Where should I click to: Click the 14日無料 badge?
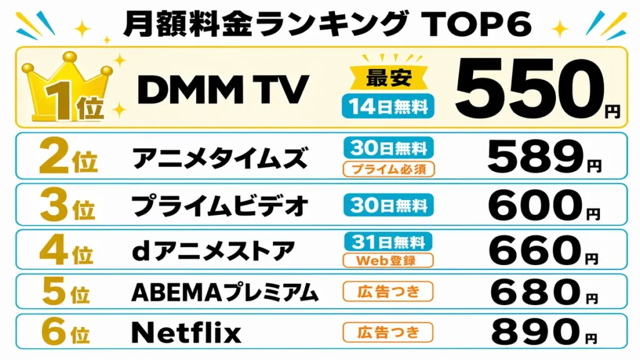[x=388, y=107]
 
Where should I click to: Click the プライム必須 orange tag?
[x=388, y=169]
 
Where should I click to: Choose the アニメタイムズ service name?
[x=220, y=158]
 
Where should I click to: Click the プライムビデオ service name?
[x=220, y=204]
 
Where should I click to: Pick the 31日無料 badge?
[x=388, y=241]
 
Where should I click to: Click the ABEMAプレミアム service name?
[x=225, y=291]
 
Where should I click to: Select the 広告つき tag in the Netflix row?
[x=388, y=331]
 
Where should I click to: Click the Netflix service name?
[x=187, y=332]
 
